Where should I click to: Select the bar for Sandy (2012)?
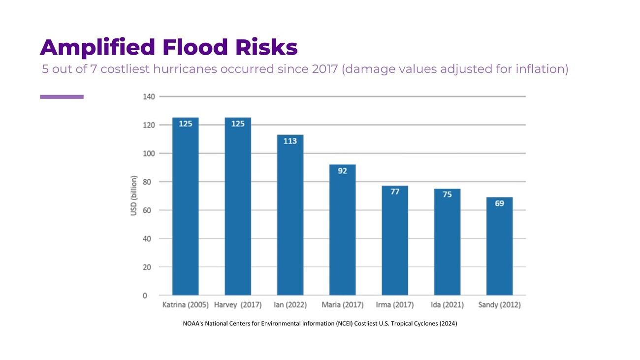pyautogui.click(x=499, y=246)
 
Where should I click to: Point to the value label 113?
pyautogui.click(x=290, y=141)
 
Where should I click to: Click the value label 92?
pyautogui.click(x=342, y=171)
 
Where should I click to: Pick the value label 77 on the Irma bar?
pyautogui.click(x=395, y=192)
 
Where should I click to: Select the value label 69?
pyautogui.click(x=499, y=203)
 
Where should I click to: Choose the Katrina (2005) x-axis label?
pyautogui.click(x=186, y=305)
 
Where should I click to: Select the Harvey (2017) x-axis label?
pyautogui.click(x=238, y=305)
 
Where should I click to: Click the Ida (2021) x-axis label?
pyautogui.click(x=447, y=305)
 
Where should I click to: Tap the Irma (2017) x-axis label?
pyautogui.click(x=395, y=305)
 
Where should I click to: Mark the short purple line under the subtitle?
pyautogui.click(x=62, y=97)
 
